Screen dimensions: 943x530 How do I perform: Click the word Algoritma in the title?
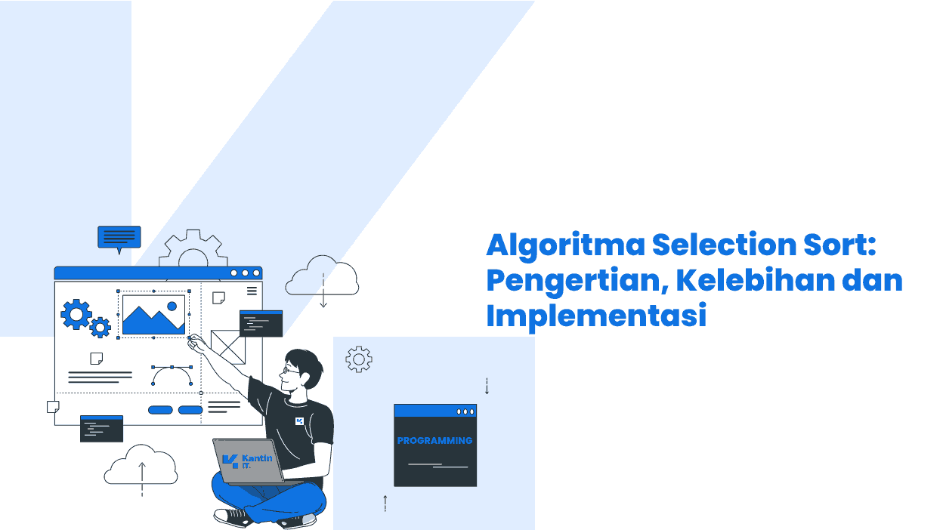pyautogui.click(x=565, y=246)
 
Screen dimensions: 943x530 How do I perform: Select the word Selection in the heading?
pyautogui.click(x=724, y=245)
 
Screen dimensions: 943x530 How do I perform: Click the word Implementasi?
pyautogui.click(x=596, y=316)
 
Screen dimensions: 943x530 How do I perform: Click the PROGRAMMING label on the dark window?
pyautogui.click(x=435, y=440)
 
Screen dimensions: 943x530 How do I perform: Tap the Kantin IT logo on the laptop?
pyautogui.click(x=247, y=461)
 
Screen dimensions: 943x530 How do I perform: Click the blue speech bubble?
pyautogui.click(x=119, y=239)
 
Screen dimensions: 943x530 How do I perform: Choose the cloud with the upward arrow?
pyautogui.click(x=141, y=466)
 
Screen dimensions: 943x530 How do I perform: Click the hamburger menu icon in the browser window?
pyautogui.click(x=252, y=291)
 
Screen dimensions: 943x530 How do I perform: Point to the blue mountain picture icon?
pyautogui.click(x=153, y=315)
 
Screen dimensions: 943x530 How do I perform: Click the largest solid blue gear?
pyautogui.click(x=76, y=314)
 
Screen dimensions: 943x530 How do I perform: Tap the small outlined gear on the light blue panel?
pyautogui.click(x=359, y=359)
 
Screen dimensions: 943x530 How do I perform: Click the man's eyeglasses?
pyautogui.click(x=290, y=371)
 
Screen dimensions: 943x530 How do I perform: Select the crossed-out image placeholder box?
pyautogui.click(x=227, y=347)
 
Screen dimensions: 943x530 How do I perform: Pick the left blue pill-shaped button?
pyautogui.click(x=160, y=410)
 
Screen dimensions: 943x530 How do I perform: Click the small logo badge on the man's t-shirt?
pyautogui.click(x=299, y=421)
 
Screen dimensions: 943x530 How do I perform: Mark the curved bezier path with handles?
pyautogui.click(x=172, y=368)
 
